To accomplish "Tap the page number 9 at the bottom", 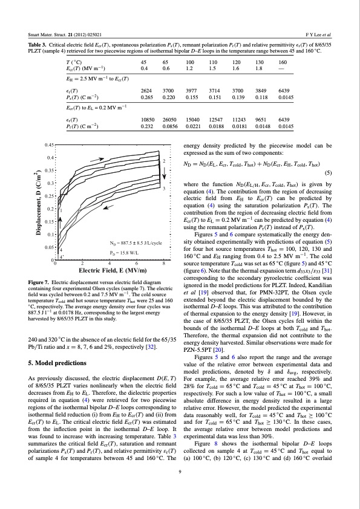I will pyautogui.click(x=180, y=489).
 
